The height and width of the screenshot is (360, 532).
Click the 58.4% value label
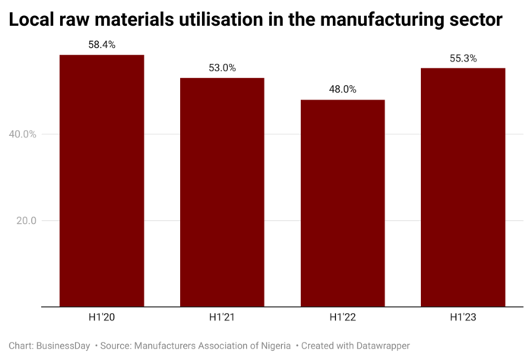(x=102, y=45)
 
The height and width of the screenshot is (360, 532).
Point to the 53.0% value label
(x=222, y=68)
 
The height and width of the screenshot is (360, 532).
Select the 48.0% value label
(x=343, y=89)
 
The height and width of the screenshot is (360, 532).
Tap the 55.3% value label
(x=463, y=58)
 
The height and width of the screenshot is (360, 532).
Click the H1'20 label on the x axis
(x=102, y=316)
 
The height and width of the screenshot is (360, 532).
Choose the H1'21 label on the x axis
(x=222, y=316)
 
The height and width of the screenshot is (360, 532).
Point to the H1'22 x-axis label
(x=343, y=316)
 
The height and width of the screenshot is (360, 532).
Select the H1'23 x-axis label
(x=463, y=316)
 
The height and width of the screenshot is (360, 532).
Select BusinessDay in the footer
(x=66, y=346)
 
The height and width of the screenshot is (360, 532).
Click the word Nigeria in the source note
(x=272, y=346)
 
